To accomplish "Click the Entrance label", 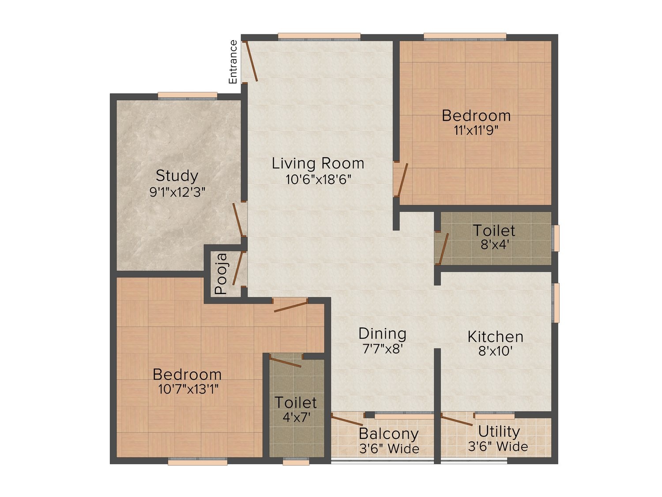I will [233, 62].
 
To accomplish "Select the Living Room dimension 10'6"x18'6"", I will [318, 179].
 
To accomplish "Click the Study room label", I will [177, 176].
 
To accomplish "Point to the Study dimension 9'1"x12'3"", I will [177, 192].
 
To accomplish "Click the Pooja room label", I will [221, 273].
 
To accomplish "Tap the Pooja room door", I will [237, 268].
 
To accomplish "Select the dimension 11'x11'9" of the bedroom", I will [476, 131].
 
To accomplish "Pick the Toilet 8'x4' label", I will [494, 230].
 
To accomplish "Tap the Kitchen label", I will [495, 337].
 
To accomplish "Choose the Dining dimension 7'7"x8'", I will [382, 349].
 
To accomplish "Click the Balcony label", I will [388, 434].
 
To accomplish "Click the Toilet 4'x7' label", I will [296, 402].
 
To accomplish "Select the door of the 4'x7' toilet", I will [286, 363].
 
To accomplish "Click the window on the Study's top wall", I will [188, 96].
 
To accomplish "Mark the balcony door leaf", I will [347, 420].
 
